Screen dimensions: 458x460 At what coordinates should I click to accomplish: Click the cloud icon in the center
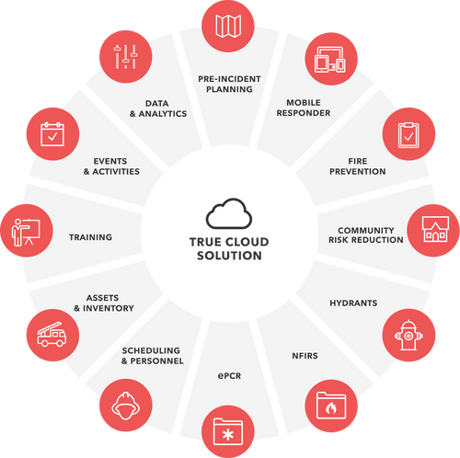click(229, 213)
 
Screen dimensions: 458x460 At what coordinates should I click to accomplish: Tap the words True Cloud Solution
click(229, 247)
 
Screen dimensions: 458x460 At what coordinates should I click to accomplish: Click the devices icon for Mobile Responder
click(329, 55)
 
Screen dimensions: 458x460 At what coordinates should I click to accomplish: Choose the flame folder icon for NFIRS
click(328, 403)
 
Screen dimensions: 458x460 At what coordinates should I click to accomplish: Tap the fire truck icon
click(52, 331)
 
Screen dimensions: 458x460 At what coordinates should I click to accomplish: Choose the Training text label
click(90, 237)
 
